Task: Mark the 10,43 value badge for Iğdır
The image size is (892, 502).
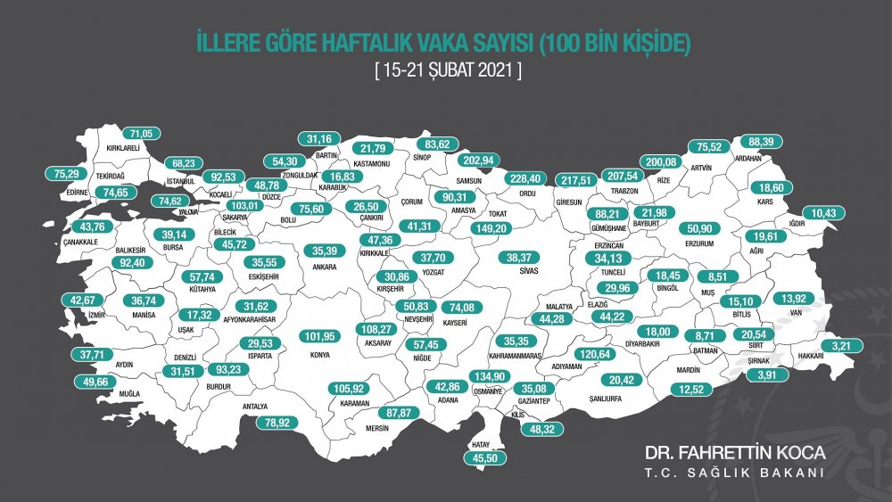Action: pos(819,213)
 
